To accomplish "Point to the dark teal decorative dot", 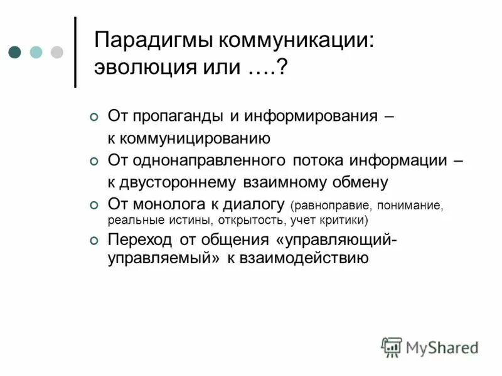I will [x=15, y=51].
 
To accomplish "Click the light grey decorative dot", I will [x=57, y=51].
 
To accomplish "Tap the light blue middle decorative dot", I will [x=36, y=51].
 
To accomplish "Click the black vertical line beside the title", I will [x=76, y=51].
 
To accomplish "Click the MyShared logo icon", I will [x=392, y=347].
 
